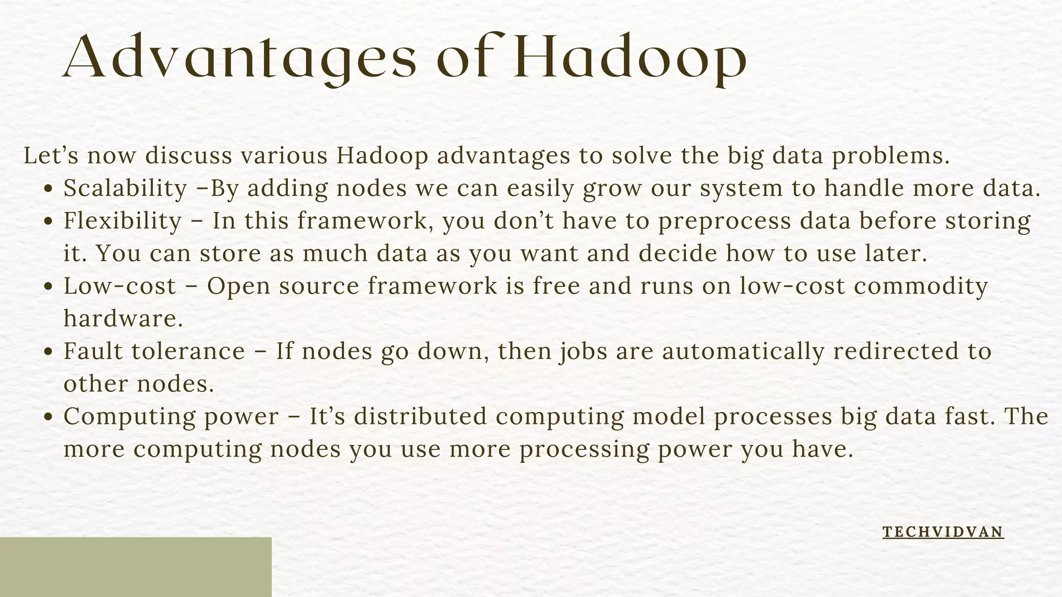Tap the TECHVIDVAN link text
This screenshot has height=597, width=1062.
(943, 532)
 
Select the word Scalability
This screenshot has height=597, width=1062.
(125, 189)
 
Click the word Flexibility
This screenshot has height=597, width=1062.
(122, 221)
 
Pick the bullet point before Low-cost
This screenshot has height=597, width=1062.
(49, 287)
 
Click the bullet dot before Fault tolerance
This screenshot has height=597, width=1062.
(49, 352)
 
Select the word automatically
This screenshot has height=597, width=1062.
(743, 351)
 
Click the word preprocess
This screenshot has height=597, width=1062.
(724, 221)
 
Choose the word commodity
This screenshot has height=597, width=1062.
(920, 287)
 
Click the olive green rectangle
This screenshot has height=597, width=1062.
(135, 567)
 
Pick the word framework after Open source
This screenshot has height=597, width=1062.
(432, 286)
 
